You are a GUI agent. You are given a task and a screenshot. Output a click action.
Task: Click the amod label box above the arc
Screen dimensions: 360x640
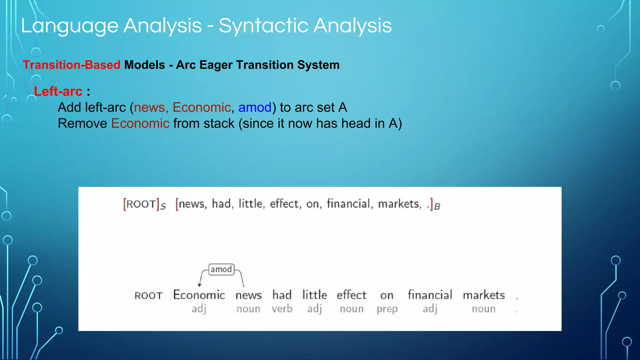tap(221, 269)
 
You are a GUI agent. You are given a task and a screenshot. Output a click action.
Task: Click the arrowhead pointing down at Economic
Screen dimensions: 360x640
tap(200, 285)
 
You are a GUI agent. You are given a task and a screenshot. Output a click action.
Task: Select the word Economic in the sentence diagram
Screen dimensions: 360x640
tap(199, 295)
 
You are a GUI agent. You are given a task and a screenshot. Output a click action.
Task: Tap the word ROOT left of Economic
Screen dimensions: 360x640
tap(148, 296)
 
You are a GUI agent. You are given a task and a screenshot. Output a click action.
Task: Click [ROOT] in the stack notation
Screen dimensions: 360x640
tap(142, 204)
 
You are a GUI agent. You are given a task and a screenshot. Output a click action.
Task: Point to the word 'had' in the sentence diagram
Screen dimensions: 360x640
tap(282, 295)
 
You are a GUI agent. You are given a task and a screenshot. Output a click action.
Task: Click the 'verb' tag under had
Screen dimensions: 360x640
tap(282, 309)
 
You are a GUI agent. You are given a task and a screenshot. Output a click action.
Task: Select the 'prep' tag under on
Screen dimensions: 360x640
tap(387, 309)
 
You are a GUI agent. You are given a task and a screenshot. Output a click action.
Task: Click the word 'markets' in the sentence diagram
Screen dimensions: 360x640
tap(484, 295)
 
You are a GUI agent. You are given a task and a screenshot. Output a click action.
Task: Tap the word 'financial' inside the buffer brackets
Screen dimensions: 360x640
tap(348, 204)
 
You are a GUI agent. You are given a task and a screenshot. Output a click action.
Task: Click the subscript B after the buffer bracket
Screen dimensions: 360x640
tap(437, 207)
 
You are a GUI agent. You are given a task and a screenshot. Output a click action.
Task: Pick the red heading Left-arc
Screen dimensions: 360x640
tap(58, 91)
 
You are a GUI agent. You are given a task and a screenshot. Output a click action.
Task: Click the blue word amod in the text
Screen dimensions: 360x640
tap(255, 107)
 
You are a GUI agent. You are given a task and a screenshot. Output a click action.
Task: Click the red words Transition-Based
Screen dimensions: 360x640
tap(72, 65)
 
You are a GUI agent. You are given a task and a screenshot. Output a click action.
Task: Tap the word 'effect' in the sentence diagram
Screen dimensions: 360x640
tap(351, 295)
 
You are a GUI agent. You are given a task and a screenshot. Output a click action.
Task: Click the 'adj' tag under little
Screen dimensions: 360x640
tap(314, 309)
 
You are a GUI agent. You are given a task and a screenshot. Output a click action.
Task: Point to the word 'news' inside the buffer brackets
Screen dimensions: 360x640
tap(191, 204)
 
